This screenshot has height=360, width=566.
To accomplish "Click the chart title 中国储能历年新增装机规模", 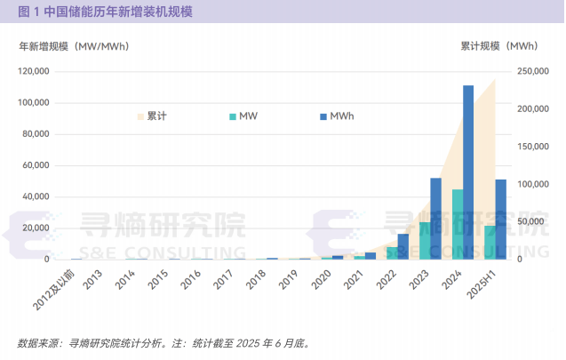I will click(x=105, y=12).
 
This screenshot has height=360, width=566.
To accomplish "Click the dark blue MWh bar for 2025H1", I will click(x=500, y=219).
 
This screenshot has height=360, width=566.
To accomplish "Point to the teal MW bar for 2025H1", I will click(x=490, y=242).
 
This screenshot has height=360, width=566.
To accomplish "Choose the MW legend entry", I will click(x=243, y=116).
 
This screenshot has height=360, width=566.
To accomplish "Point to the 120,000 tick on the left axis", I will click(x=33, y=71).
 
